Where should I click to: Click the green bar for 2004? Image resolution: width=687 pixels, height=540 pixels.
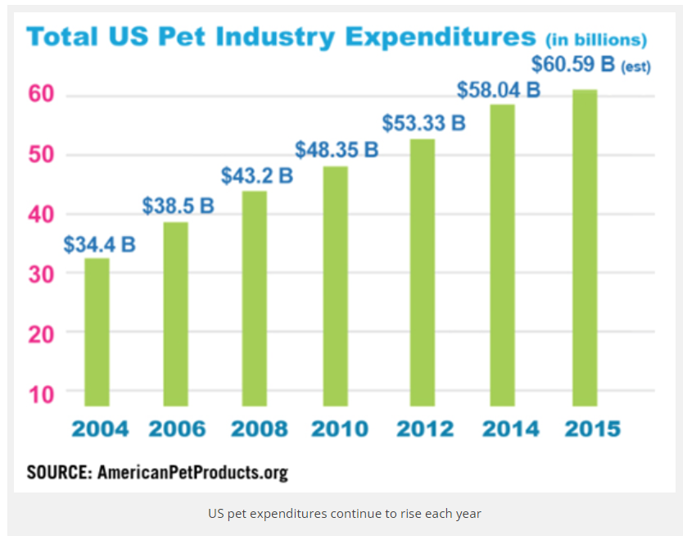97,332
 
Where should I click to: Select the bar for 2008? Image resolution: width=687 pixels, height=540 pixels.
255,298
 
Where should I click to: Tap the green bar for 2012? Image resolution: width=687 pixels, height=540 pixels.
423,272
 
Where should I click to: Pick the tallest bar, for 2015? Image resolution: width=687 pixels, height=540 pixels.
584,247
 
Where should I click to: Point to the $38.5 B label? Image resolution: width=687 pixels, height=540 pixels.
178,206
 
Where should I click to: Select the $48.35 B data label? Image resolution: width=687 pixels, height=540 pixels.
337,151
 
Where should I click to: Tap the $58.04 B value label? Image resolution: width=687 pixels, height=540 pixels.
499,89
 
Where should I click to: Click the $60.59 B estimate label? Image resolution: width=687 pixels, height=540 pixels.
590,64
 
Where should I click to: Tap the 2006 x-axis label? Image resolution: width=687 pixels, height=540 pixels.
179,429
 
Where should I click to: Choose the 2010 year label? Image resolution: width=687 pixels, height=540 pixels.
341,429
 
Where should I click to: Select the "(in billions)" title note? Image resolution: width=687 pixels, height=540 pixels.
596,39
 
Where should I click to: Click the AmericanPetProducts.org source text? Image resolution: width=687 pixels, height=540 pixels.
192,473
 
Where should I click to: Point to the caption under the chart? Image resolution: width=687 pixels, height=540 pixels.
344,514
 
